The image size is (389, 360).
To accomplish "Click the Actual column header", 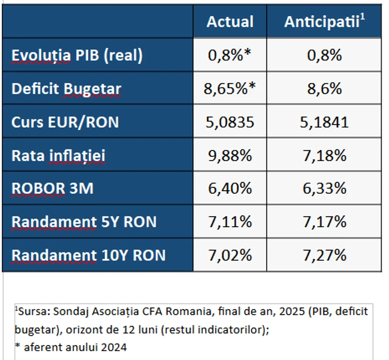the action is pyautogui.click(x=230, y=22).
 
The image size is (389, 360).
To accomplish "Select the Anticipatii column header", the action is pyautogui.click(x=324, y=21).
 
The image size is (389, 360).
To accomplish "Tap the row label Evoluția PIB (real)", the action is pyautogui.click(x=77, y=55).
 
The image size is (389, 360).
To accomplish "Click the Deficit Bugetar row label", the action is pyautogui.click(x=66, y=89).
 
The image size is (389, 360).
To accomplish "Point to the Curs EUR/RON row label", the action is pyautogui.click(x=65, y=122).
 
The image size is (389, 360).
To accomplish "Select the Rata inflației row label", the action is pyautogui.click(x=59, y=156).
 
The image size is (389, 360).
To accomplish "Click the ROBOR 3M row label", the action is pyautogui.click(x=52, y=188).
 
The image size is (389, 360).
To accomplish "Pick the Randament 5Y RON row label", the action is pyautogui.click(x=84, y=222).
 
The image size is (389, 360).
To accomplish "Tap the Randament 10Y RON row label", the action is pyautogui.click(x=88, y=255).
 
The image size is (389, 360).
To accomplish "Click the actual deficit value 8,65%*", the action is pyautogui.click(x=229, y=89).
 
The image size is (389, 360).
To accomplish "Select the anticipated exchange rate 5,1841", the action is pyautogui.click(x=324, y=122).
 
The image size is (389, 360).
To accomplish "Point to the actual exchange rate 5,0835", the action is pyautogui.click(x=230, y=122).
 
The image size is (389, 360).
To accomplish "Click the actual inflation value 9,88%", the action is pyautogui.click(x=230, y=156).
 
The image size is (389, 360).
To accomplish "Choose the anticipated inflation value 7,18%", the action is pyautogui.click(x=324, y=156).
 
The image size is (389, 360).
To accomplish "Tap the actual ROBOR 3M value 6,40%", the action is pyautogui.click(x=230, y=188).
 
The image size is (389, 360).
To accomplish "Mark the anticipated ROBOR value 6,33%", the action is pyautogui.click(x=324, y=188).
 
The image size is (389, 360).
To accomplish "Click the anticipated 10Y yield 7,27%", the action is pyautogui.click(x=324, y=255).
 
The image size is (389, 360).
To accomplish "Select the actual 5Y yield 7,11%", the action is pyautogui.click(x=230, y=222).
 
